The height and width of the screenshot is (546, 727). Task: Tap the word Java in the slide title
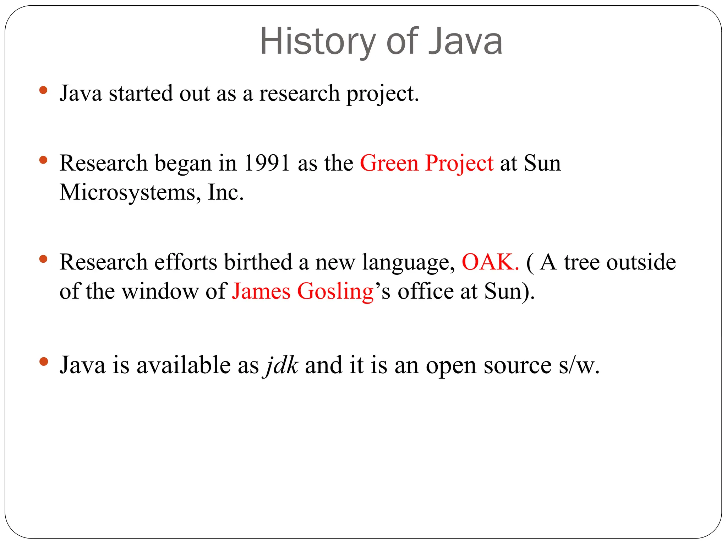(465, 42)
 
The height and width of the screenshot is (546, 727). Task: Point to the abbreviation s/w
(579, 365)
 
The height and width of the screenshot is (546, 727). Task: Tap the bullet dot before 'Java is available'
(43, 362)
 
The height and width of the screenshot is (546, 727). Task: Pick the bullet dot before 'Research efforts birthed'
(43, 259)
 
